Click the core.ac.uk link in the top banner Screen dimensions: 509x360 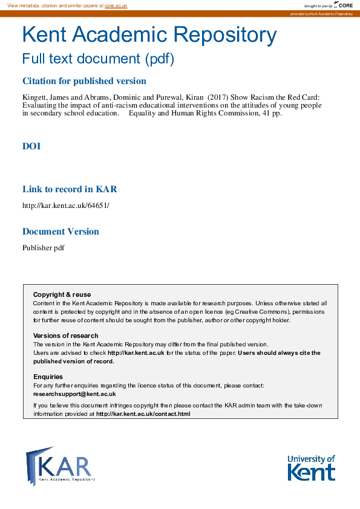(x=116, y=5)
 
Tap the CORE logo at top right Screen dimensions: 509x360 (x=343, y=5)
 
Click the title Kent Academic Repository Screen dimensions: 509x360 (x=149, y=36)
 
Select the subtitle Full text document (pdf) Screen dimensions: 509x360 (x=98, y=59)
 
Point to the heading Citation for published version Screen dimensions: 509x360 (x=84, y=81)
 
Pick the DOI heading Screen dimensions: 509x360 (x=31, y=146)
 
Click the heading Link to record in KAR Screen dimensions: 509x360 (x=70, y=189)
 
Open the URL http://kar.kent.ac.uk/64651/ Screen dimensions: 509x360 (x=66, y=206)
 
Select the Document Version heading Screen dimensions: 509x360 (x=61, y=232)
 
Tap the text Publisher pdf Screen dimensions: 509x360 (x=44, y=248)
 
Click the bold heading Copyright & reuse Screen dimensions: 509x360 (x=62, y=295)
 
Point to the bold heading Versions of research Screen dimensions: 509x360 (x=65, y=336)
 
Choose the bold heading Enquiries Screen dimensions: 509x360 (x=48, y=377)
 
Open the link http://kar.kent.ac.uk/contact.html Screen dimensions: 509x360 (x=143, y=414)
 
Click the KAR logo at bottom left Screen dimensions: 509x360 (x=61, y=465)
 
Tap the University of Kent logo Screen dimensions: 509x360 (x=311, y=467)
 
